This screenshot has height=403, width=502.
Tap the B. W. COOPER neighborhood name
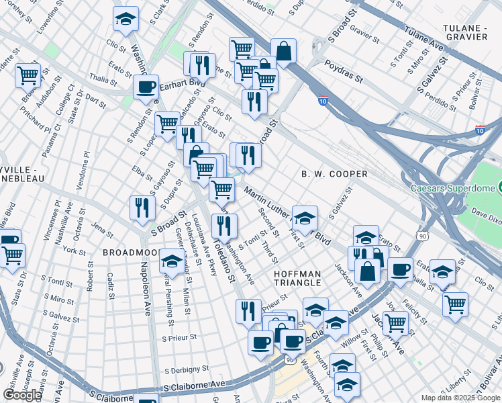click(334, 174)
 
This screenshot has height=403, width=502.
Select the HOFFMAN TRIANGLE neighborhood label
click(298, 278)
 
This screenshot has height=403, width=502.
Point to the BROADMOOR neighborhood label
click(130, 253)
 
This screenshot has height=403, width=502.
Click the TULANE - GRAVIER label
click(474, 34)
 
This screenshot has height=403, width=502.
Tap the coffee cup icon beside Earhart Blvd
click(146, 86)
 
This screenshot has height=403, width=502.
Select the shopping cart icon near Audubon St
click(28, 75)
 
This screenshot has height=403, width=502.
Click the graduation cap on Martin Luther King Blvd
click(305, 217)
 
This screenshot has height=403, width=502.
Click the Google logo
click(22, 395)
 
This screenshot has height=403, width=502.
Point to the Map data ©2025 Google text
click(460, 398)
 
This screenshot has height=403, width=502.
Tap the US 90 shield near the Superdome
click(421, 236)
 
